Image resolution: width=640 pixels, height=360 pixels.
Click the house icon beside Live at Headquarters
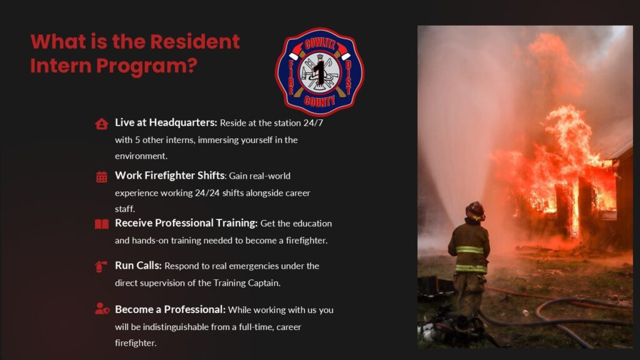(102, 124)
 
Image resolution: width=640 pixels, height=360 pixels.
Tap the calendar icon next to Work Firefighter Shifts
(102, 177)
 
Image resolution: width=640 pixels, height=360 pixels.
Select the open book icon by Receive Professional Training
(102, 224)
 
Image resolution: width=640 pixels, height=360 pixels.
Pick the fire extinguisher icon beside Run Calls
(101, 266)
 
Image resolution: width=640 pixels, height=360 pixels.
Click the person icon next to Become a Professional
(102, 309)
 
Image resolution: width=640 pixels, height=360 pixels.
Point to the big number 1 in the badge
(319, 72)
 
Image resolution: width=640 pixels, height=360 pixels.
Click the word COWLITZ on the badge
(319, 43)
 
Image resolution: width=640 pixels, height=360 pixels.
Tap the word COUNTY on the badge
(319, 101)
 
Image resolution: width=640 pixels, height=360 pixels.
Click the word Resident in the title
(195, 42)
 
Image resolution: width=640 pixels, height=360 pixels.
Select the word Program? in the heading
(147, 66)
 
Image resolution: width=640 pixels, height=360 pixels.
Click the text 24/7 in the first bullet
(313, 123)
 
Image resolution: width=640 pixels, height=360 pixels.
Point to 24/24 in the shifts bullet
(207, 192)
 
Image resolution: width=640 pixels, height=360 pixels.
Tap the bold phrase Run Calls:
(138, 265)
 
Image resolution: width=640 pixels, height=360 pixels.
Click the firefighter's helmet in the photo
(475, 211)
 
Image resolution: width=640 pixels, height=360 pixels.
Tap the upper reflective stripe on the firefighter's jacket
(469, 250)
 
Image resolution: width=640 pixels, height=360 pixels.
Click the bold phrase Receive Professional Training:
(186, 223)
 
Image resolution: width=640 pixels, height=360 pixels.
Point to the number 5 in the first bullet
(137, 140)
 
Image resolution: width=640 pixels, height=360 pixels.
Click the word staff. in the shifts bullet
(124, 209)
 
